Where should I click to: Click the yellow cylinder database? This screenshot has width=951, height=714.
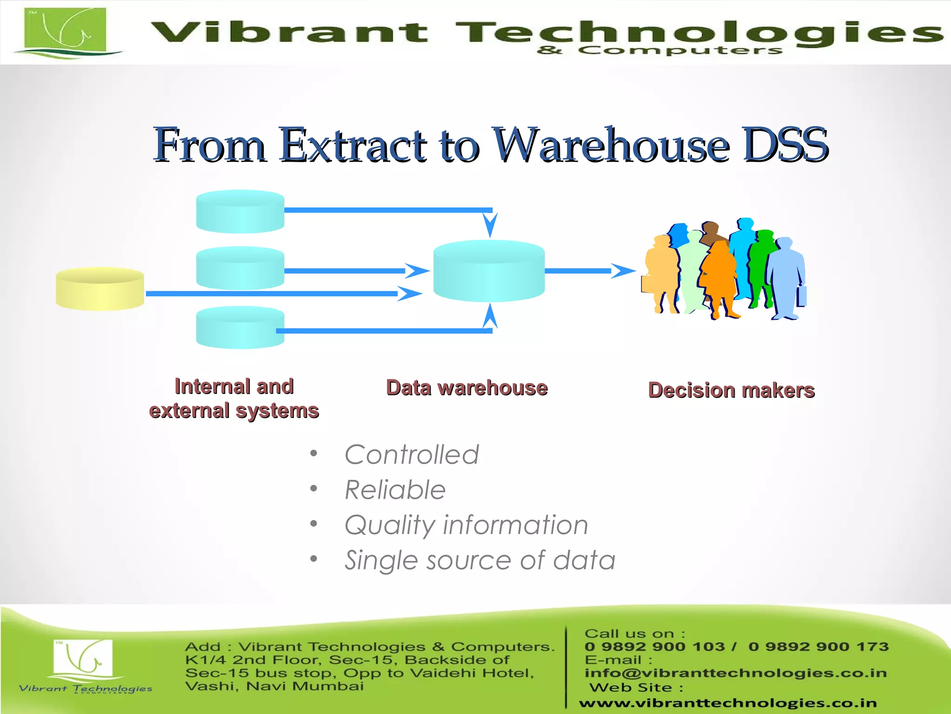click(100, 289)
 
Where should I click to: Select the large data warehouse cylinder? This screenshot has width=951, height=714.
click(489, 271)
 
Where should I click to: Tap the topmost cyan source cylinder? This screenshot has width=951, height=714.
click(240, 211)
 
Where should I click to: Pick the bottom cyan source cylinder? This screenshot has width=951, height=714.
click(240, 328)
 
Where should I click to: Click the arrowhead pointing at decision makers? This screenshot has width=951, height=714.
click(622, 271)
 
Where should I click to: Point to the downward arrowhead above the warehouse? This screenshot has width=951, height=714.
click(490, 225)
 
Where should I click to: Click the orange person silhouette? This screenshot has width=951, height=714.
click(718, 279)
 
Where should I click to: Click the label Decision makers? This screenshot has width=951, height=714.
click(731, 390)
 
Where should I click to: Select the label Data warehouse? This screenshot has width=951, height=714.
click(467, 388)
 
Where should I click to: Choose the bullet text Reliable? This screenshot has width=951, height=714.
click(395, 490)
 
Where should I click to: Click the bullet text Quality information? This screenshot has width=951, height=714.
click(466, 525)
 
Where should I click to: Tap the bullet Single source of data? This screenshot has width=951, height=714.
click(480, 560)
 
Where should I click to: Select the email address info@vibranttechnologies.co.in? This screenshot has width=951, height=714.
click(736, 673)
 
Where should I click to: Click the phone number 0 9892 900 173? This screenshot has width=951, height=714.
click(818, 647)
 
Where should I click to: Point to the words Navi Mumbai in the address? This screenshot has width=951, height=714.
click(305, 686)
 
